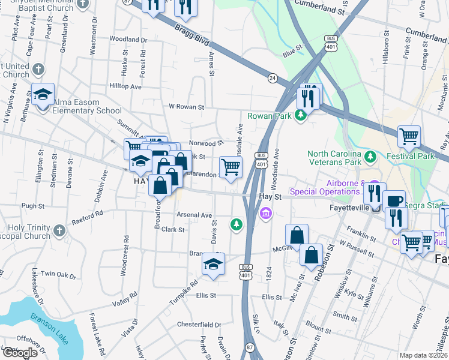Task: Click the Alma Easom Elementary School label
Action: (87, 106)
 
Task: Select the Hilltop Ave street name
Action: (124, 86)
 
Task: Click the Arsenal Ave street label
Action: (194, 215)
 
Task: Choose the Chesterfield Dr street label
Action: (199, 325)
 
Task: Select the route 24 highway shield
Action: (273, 78)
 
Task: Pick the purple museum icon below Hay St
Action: (265, 213)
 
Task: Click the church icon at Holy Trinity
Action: (59, 230)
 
